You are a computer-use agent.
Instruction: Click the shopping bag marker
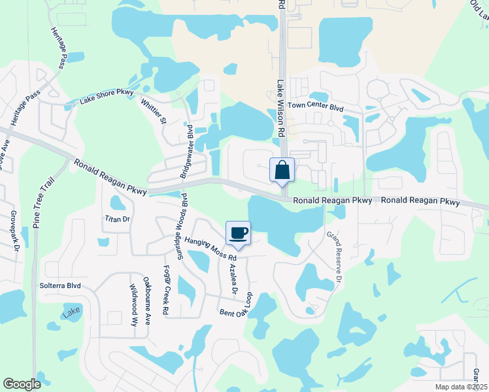click(x=282, y=171)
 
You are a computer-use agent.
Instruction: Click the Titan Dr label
click(x=118, y=219)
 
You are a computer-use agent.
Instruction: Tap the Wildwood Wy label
click(x=133, y=304)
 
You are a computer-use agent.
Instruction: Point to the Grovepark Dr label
click(x=13, y=229)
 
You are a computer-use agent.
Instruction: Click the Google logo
click(x=22, y=384)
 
